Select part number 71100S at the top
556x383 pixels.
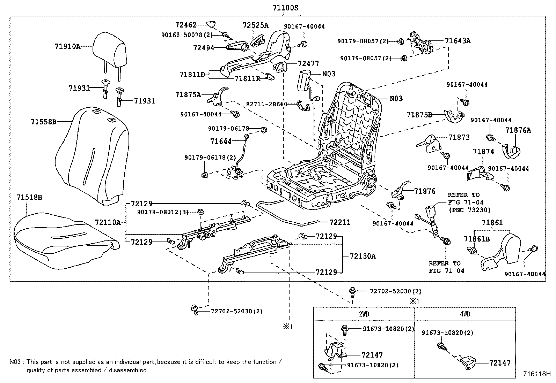pyautogui.click(x=285, y=7)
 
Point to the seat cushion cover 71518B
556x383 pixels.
pyautogui.click(x=65, y=240)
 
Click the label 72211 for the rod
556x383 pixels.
pyautogui.click(x=339, y=222)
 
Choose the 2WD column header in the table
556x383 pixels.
pyautogui.click(x=364, y=314)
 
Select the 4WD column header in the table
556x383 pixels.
pyautogui.click(x=465, y=314)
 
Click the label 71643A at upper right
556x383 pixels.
pyautogui.click(x=458, y=41)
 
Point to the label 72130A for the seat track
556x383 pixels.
pyautogui.click(x=363, y=256)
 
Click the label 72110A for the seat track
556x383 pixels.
pyautogui.click(x=108, y=222)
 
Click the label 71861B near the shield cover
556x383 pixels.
pyautogui.click(x=477, y=239)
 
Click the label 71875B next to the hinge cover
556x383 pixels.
pyautogui.click(x=419, y=114)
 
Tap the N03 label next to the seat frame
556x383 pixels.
pyautogui.click(x=396, y=98)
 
